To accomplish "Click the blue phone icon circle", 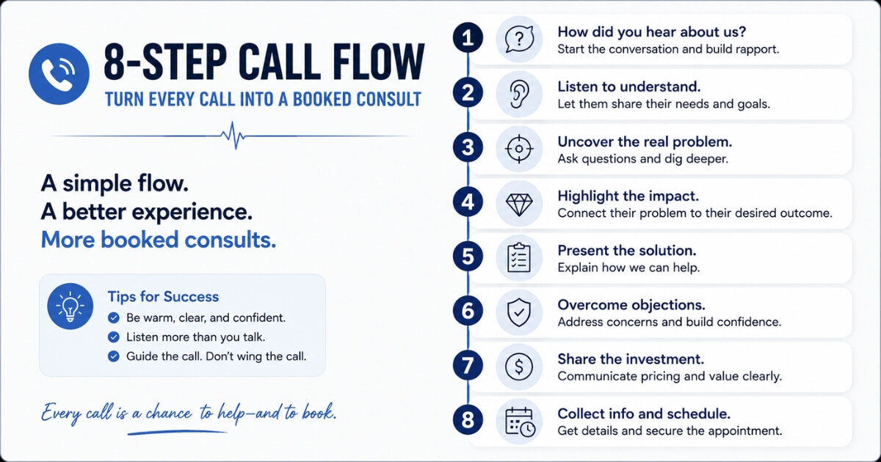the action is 59,74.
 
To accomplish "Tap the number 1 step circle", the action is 468,38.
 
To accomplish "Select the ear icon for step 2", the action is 519,95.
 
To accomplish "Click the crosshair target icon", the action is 519,149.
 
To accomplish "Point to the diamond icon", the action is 519,205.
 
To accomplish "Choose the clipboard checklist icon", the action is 519,257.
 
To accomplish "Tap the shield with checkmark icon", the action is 519,312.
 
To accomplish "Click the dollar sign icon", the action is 519,367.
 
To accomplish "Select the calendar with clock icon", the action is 520,422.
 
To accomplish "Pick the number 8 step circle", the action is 468,419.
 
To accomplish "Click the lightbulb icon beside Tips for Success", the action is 70,307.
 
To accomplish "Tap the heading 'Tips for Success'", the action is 163,296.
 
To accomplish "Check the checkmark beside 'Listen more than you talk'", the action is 114,337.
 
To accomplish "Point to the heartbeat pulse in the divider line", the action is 233,136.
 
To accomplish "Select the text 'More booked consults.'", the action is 159,240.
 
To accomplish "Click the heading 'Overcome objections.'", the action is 631,305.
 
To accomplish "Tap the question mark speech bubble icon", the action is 519,40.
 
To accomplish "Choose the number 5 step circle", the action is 468,256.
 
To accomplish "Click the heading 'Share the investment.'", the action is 631,359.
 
